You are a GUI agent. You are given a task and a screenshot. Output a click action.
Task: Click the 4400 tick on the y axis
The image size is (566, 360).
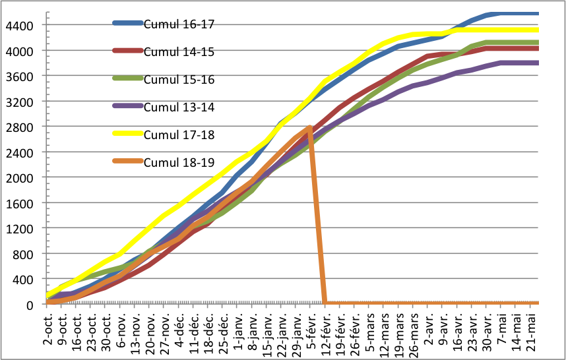point(22,25)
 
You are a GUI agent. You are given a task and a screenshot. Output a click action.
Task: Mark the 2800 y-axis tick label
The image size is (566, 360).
point(22,127)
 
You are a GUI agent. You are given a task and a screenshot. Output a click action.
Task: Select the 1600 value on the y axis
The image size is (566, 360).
point(22,203)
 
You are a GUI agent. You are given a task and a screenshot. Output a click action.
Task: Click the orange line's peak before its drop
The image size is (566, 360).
point(309,128)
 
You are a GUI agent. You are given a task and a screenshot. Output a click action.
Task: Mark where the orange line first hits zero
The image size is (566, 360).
point(325,303)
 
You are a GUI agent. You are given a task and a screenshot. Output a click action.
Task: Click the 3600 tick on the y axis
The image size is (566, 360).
point(22,76)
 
